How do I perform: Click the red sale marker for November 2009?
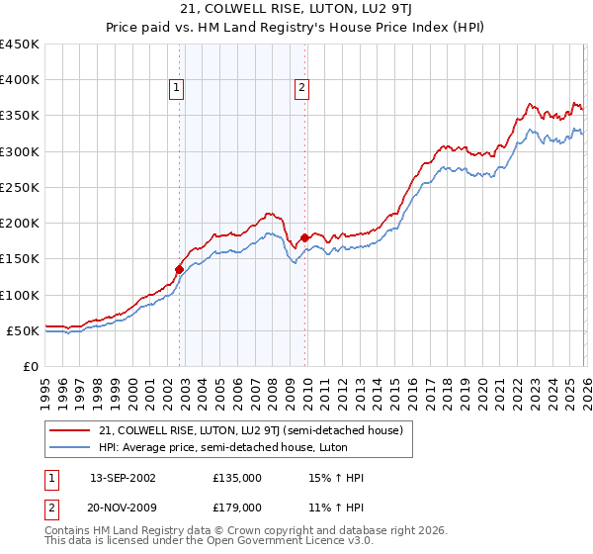point(304,237)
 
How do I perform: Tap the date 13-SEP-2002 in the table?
point(123,478)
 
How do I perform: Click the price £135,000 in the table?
point(237,478)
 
